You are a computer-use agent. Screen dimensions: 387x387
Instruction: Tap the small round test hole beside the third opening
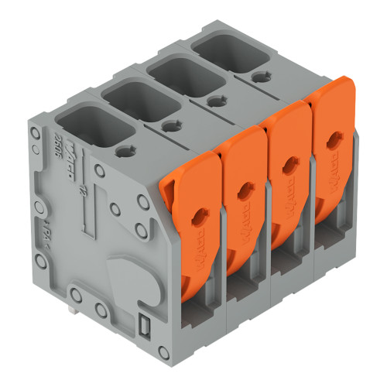coord(212,100)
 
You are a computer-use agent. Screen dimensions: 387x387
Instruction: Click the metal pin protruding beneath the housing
coord(71,310)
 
